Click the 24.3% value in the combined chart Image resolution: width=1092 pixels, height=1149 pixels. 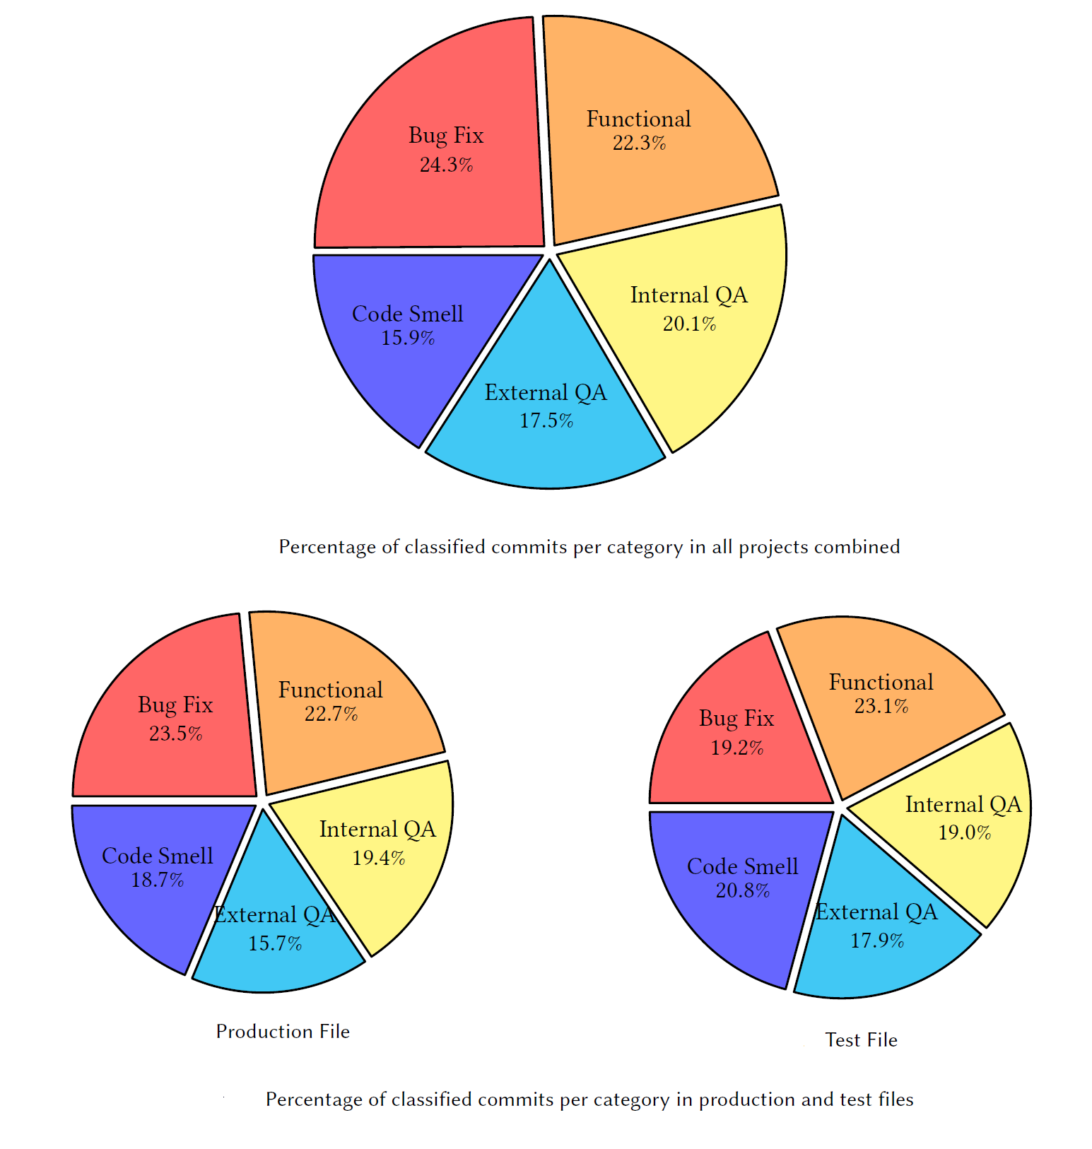(446, 165)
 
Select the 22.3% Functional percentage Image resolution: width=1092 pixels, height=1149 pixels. (639, 143)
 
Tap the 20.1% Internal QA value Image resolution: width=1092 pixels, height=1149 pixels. (689, 324)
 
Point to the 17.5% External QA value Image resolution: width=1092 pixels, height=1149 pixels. (546, 421)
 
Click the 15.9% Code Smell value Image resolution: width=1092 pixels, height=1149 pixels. (408, 338)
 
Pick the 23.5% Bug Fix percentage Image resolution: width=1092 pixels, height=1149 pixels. (175, 733)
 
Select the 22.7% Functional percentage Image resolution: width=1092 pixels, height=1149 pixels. (331, 714)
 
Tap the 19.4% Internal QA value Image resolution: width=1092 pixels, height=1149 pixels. (379, 858)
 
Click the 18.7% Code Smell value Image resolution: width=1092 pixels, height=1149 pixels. (158, 880)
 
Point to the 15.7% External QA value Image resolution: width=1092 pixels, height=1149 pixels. (275, 943)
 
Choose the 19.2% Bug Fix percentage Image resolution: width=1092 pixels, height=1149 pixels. (736, 748)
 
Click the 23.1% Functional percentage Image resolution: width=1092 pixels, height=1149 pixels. (881, 707)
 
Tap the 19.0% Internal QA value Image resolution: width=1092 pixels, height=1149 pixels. (964, 832)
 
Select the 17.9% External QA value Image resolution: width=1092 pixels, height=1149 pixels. (877, 941)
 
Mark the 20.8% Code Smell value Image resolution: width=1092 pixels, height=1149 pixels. (743, 890)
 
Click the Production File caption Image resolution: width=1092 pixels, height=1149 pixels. (283, 1032)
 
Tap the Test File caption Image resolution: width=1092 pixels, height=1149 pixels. (861, 1040)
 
